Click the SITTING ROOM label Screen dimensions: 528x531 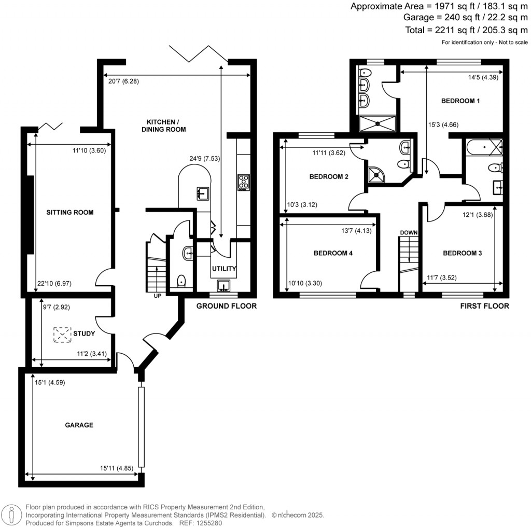click(69, 212)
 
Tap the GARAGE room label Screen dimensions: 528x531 click(79, 425)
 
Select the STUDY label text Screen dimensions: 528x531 click(84, 334)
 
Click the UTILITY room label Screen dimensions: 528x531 click(223, 269)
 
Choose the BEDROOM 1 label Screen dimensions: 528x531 click(460, 101)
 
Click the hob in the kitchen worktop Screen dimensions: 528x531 click(243, 183)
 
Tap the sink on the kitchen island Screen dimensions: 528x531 click(202, 193)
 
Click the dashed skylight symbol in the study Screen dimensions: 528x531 click(63, 335)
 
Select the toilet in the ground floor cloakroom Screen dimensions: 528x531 click(181, 281)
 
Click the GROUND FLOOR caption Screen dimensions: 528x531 click(226, 306)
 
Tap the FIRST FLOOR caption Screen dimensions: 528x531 click(484, 306)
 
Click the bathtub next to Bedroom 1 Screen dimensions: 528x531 click(484, 147)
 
